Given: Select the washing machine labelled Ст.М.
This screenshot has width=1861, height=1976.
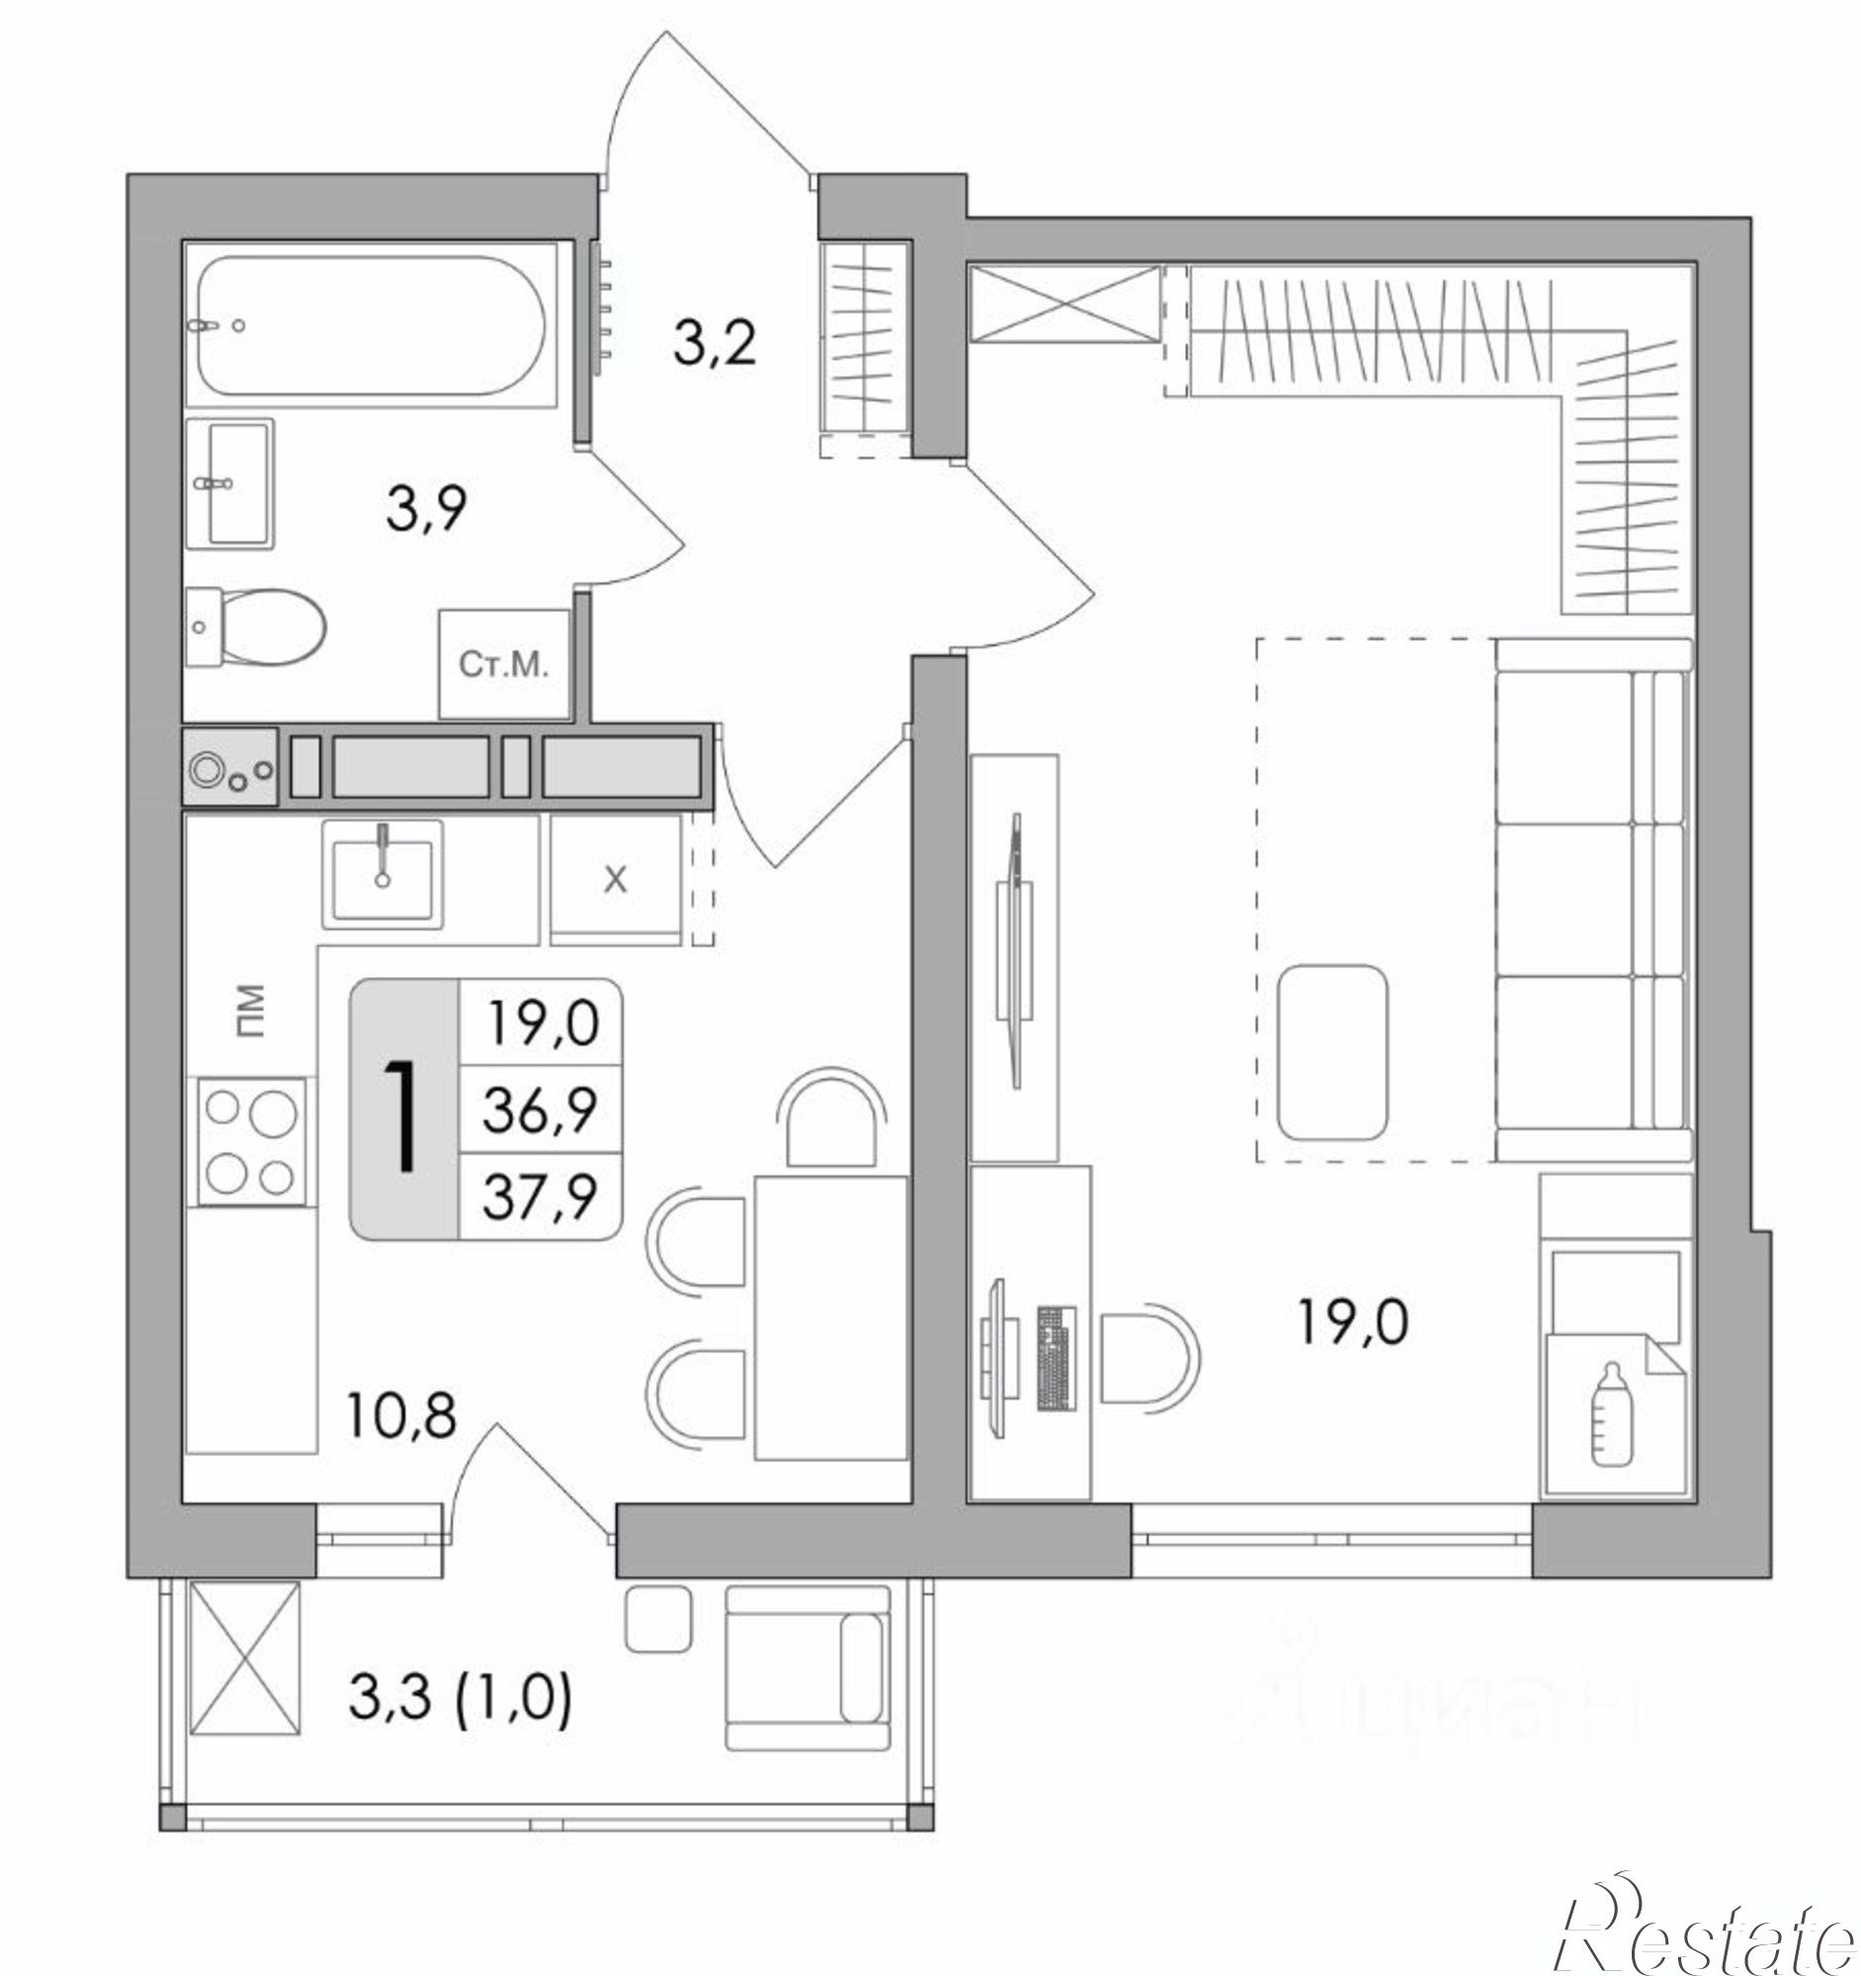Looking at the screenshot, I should pos(504,664).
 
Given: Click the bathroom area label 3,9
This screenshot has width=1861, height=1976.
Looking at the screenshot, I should pos(427,510).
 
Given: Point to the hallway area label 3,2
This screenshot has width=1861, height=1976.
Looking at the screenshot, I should pos(715,344).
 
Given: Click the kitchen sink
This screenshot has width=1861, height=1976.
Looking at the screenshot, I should pos(382,871).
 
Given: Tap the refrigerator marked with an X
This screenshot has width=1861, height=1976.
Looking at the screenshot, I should pos(616,878).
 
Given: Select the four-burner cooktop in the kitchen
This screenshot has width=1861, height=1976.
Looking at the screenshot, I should pos(251,1141).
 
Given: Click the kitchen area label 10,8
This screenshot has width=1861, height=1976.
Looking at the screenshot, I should pos(400,1416).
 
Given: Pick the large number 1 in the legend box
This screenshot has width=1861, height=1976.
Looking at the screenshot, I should pos(402,1115).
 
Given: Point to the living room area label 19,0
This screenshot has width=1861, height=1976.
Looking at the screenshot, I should pos(1353,1323).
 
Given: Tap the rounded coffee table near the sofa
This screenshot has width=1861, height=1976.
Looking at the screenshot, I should pos(1332,1051).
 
